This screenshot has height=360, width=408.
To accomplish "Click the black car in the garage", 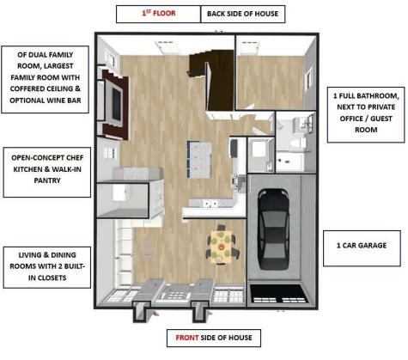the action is click(273, 229).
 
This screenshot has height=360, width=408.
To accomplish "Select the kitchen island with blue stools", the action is click(200, 159).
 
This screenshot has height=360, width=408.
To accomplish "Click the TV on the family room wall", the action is click(116, 105).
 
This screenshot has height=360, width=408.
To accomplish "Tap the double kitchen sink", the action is click(210, 204).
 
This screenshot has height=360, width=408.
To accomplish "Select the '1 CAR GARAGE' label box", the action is click(362, 248).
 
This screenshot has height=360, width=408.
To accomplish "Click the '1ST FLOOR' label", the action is click(158, 14).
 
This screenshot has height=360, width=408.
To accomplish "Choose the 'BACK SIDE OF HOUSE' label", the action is click(243, 14).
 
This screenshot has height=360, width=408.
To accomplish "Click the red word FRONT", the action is click(187, 338).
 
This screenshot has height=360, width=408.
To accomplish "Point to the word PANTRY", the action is click(47, 180).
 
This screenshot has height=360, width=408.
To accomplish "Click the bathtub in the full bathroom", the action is click(289, 162).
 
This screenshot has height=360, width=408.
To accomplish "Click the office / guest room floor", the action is click(271, 82).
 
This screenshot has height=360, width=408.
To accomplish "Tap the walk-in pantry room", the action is click(123, 200).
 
